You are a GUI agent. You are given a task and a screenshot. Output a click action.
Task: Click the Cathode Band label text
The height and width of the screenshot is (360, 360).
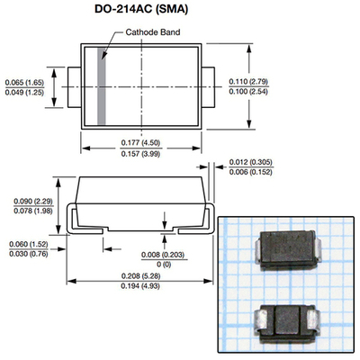pyautogui.click(x=154, y=32)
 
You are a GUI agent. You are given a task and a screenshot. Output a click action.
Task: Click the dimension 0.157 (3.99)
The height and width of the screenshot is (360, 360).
pyautogui.click(x=147, y=152)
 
